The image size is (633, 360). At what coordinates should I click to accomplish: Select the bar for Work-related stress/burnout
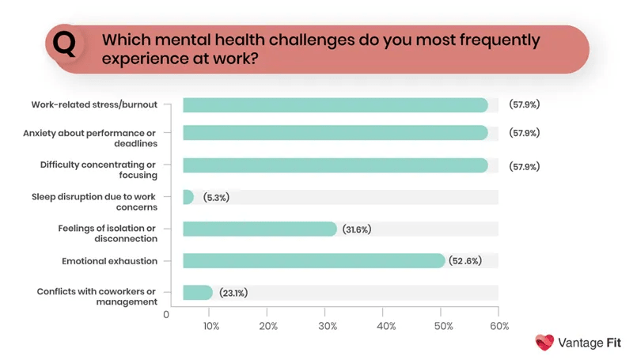335,105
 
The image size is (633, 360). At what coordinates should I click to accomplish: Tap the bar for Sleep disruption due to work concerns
188,197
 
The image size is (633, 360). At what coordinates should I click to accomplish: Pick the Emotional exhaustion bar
313,260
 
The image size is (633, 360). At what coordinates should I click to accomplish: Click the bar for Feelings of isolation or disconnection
260,229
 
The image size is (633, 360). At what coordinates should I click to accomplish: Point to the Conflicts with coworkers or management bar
198,292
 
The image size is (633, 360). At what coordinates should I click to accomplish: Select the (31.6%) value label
357,229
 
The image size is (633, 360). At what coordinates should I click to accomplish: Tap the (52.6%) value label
468,261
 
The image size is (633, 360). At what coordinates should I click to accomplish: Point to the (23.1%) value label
233,293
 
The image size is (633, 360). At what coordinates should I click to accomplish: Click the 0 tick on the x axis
166,314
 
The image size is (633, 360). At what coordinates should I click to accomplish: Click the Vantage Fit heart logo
544,343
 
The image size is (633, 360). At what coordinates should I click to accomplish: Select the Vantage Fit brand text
590,343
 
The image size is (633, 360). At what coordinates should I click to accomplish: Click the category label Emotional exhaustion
109,260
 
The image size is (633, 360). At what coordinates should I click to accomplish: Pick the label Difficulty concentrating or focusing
99,169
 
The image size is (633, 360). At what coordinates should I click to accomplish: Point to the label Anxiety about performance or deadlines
90,138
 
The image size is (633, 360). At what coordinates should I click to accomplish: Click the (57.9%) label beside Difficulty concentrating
524,166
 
